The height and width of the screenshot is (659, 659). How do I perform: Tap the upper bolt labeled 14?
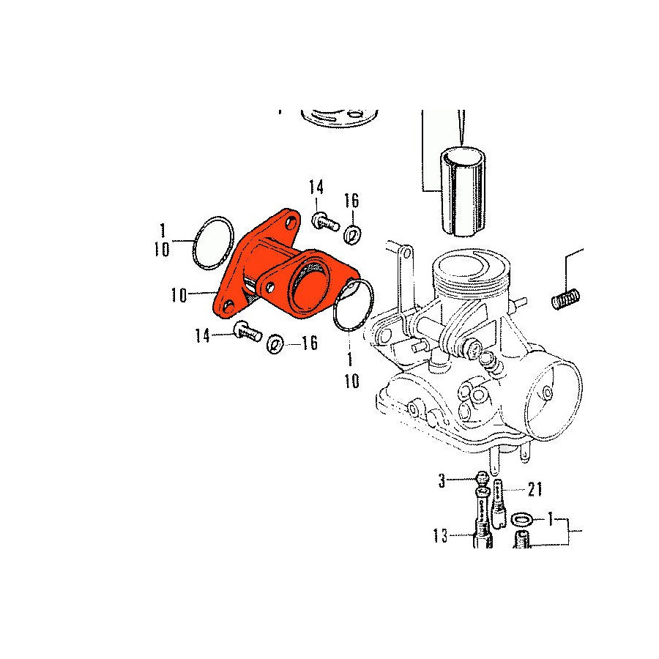pos(325,222)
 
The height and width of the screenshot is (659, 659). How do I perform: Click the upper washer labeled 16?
pos(352,234)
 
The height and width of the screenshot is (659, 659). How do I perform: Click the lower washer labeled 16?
pos(275,344)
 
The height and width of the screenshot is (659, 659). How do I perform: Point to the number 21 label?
pos(535,489)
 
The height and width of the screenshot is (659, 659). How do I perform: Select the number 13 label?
pos(441,535)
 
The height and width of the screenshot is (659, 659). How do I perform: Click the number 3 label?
pos(442,481)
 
